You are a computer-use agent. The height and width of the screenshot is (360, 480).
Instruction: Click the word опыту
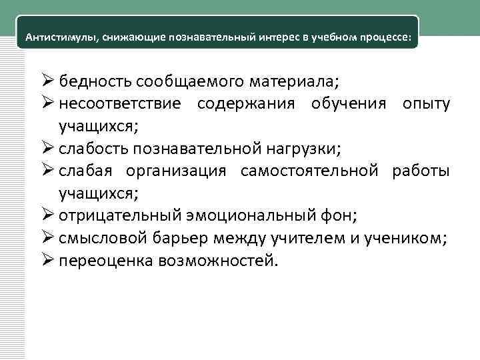tap(425, 105)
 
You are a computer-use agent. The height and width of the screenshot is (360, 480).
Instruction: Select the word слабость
tap(95, 149)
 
